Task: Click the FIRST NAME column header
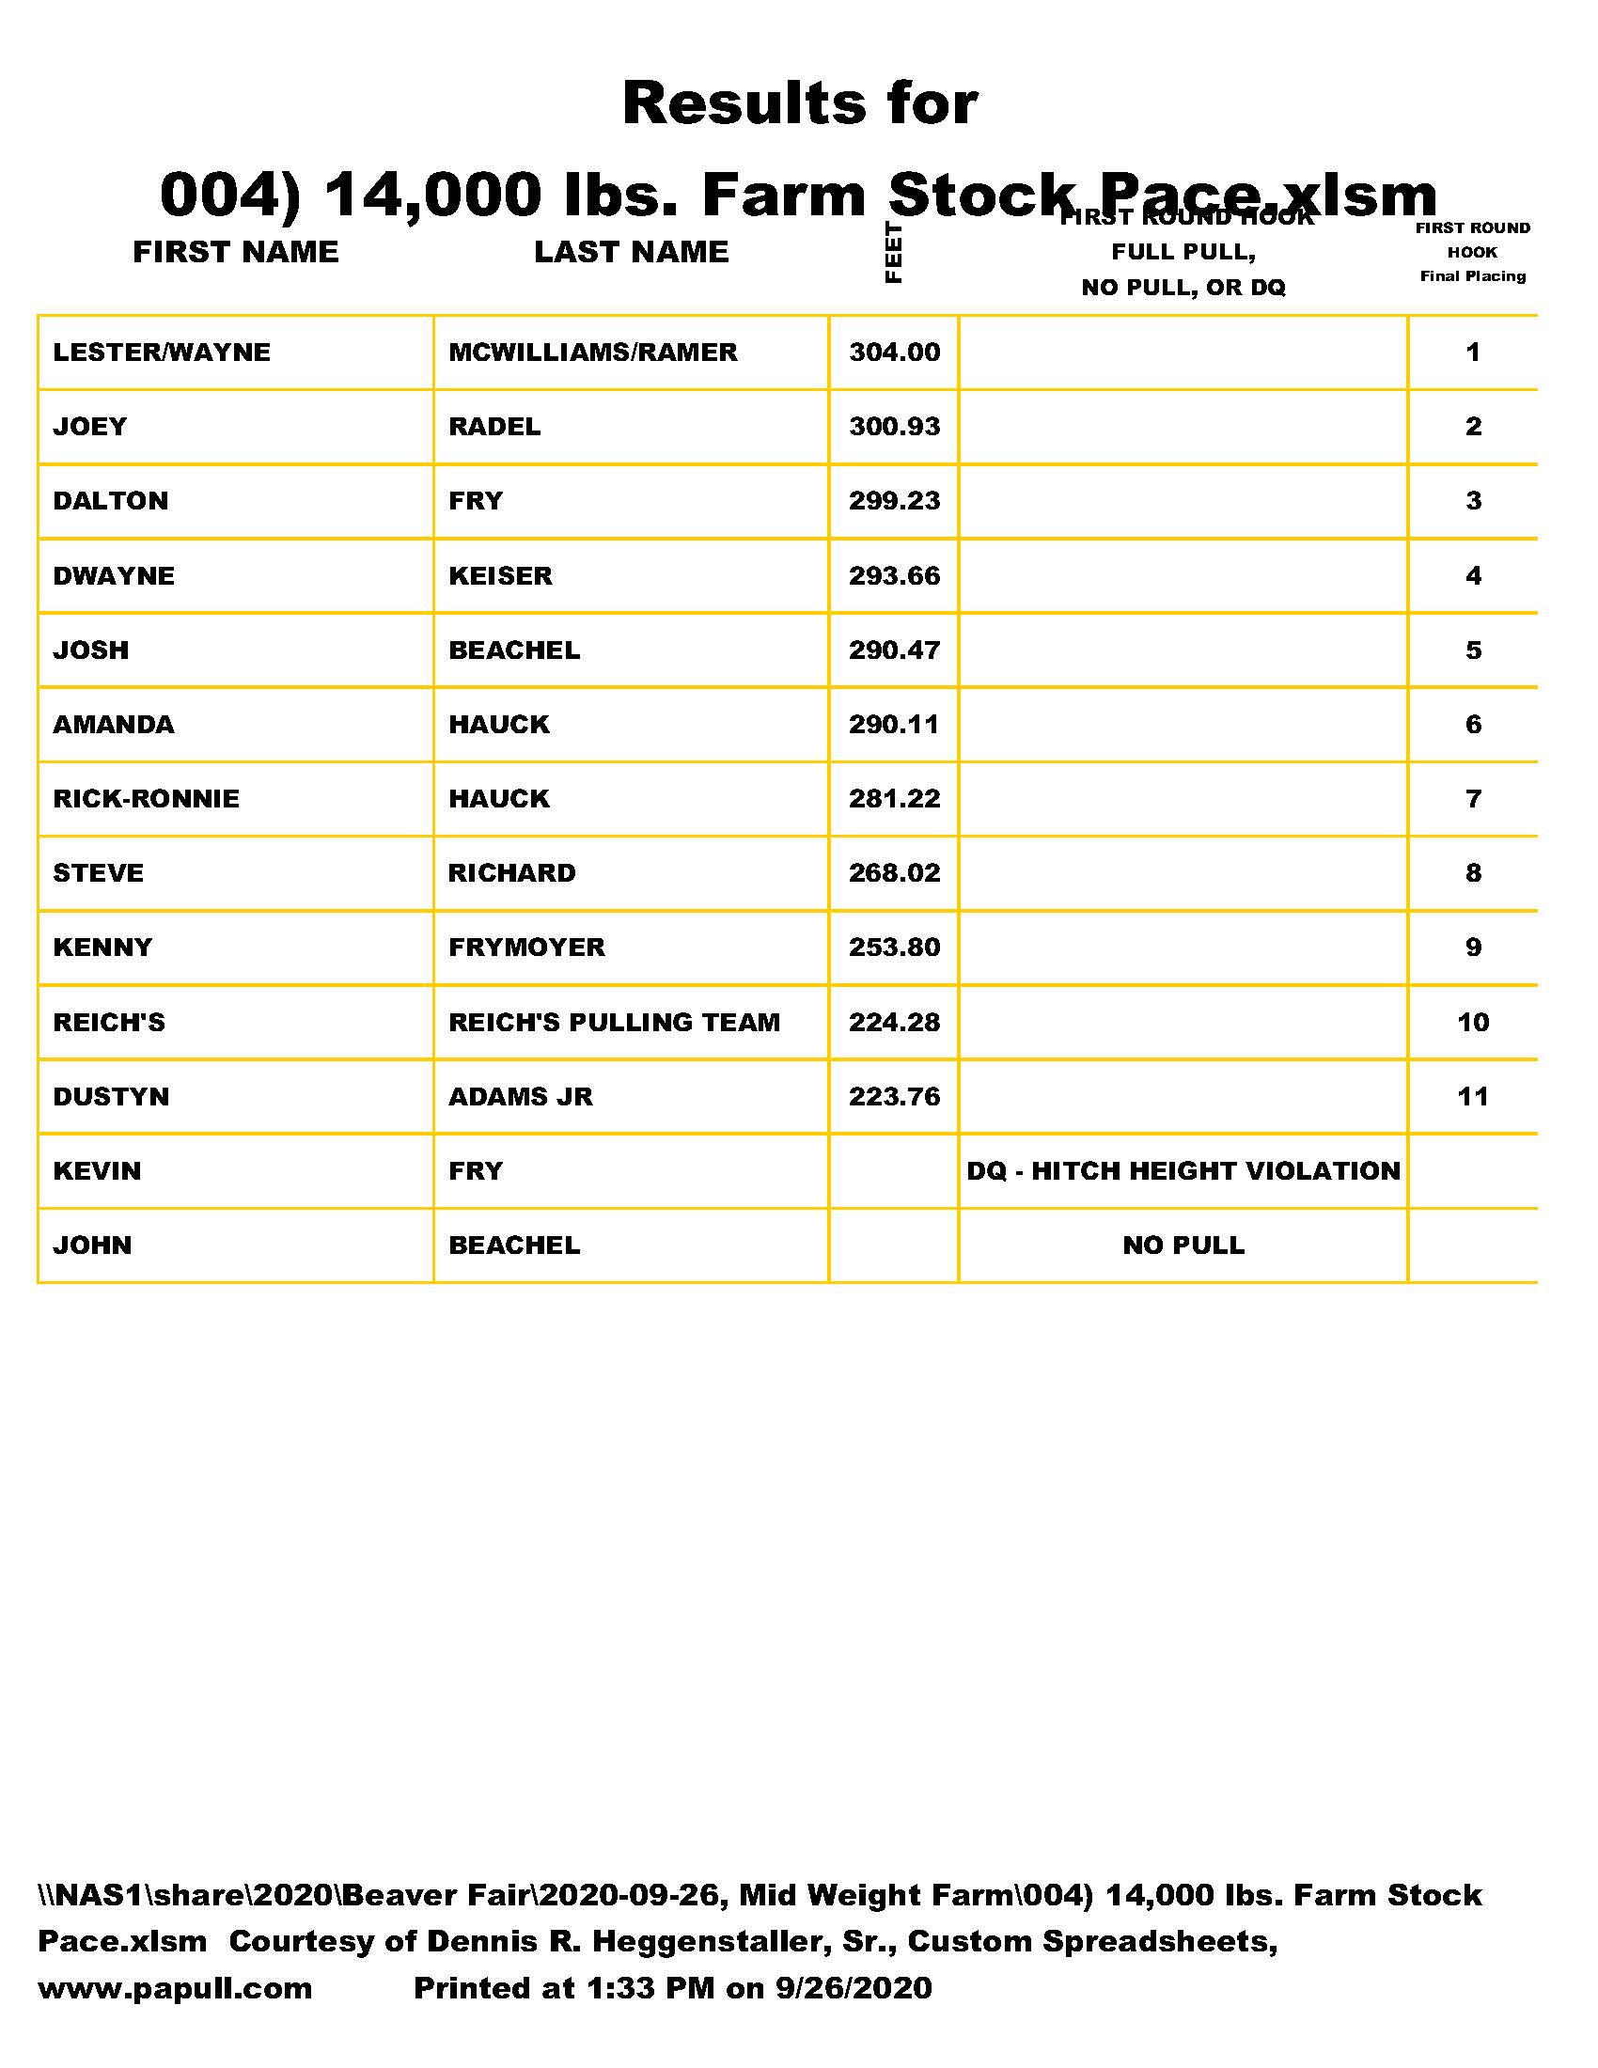(235, 252)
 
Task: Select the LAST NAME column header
(632, 252)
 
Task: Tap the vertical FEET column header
(893, 252)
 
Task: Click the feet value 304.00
(894, 352)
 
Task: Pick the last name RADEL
(494, 426)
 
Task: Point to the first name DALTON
(111, 501)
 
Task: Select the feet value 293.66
(894, 575)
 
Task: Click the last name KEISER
(500, 575)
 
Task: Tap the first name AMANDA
(114, 725)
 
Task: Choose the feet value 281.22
(894, 798)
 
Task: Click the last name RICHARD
(511, 873)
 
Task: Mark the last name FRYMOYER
(526, 947)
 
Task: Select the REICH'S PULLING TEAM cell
(614, 1022)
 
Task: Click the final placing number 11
(1472, 1096)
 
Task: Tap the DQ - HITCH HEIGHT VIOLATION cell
(1183, 1170)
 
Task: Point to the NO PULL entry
(1183, 1245)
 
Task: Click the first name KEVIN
(97, 1170)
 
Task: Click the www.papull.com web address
(175, 1987)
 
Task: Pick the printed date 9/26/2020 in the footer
(853, 1987)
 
